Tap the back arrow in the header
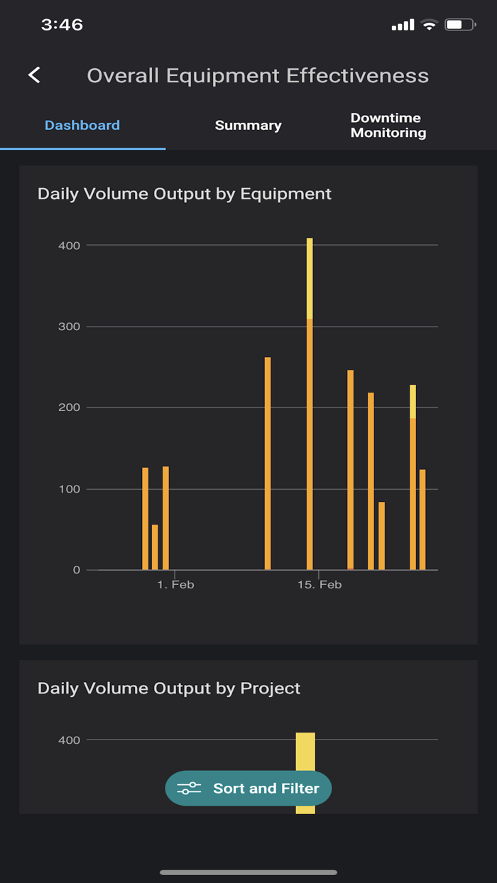click(x=34, y=75)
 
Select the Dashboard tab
click(x=82, y=126)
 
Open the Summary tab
click(x=248, y=126)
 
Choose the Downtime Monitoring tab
click(x=388, y=126)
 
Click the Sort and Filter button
click(x=248, y=788)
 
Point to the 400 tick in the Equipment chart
click(x=69, y=246)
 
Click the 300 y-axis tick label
click(x=69, y=327)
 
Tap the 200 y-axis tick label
click(x=69, y=407)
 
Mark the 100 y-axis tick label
click(x=69, y=489)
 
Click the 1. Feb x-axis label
click(x=175, y=585)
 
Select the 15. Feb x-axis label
click(x=319, y=585)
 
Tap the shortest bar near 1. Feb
click(x=155, y=547)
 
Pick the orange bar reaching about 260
click(x=268, y=461)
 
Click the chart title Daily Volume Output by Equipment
click(x=185, y=193)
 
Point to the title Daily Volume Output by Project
click(x=169, y=688)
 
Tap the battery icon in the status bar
click(x=459, y=25)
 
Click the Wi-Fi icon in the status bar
click(x=429, y=25)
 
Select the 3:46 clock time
click(x=62, y=25)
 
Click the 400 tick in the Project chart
click(x=69, y=740)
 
